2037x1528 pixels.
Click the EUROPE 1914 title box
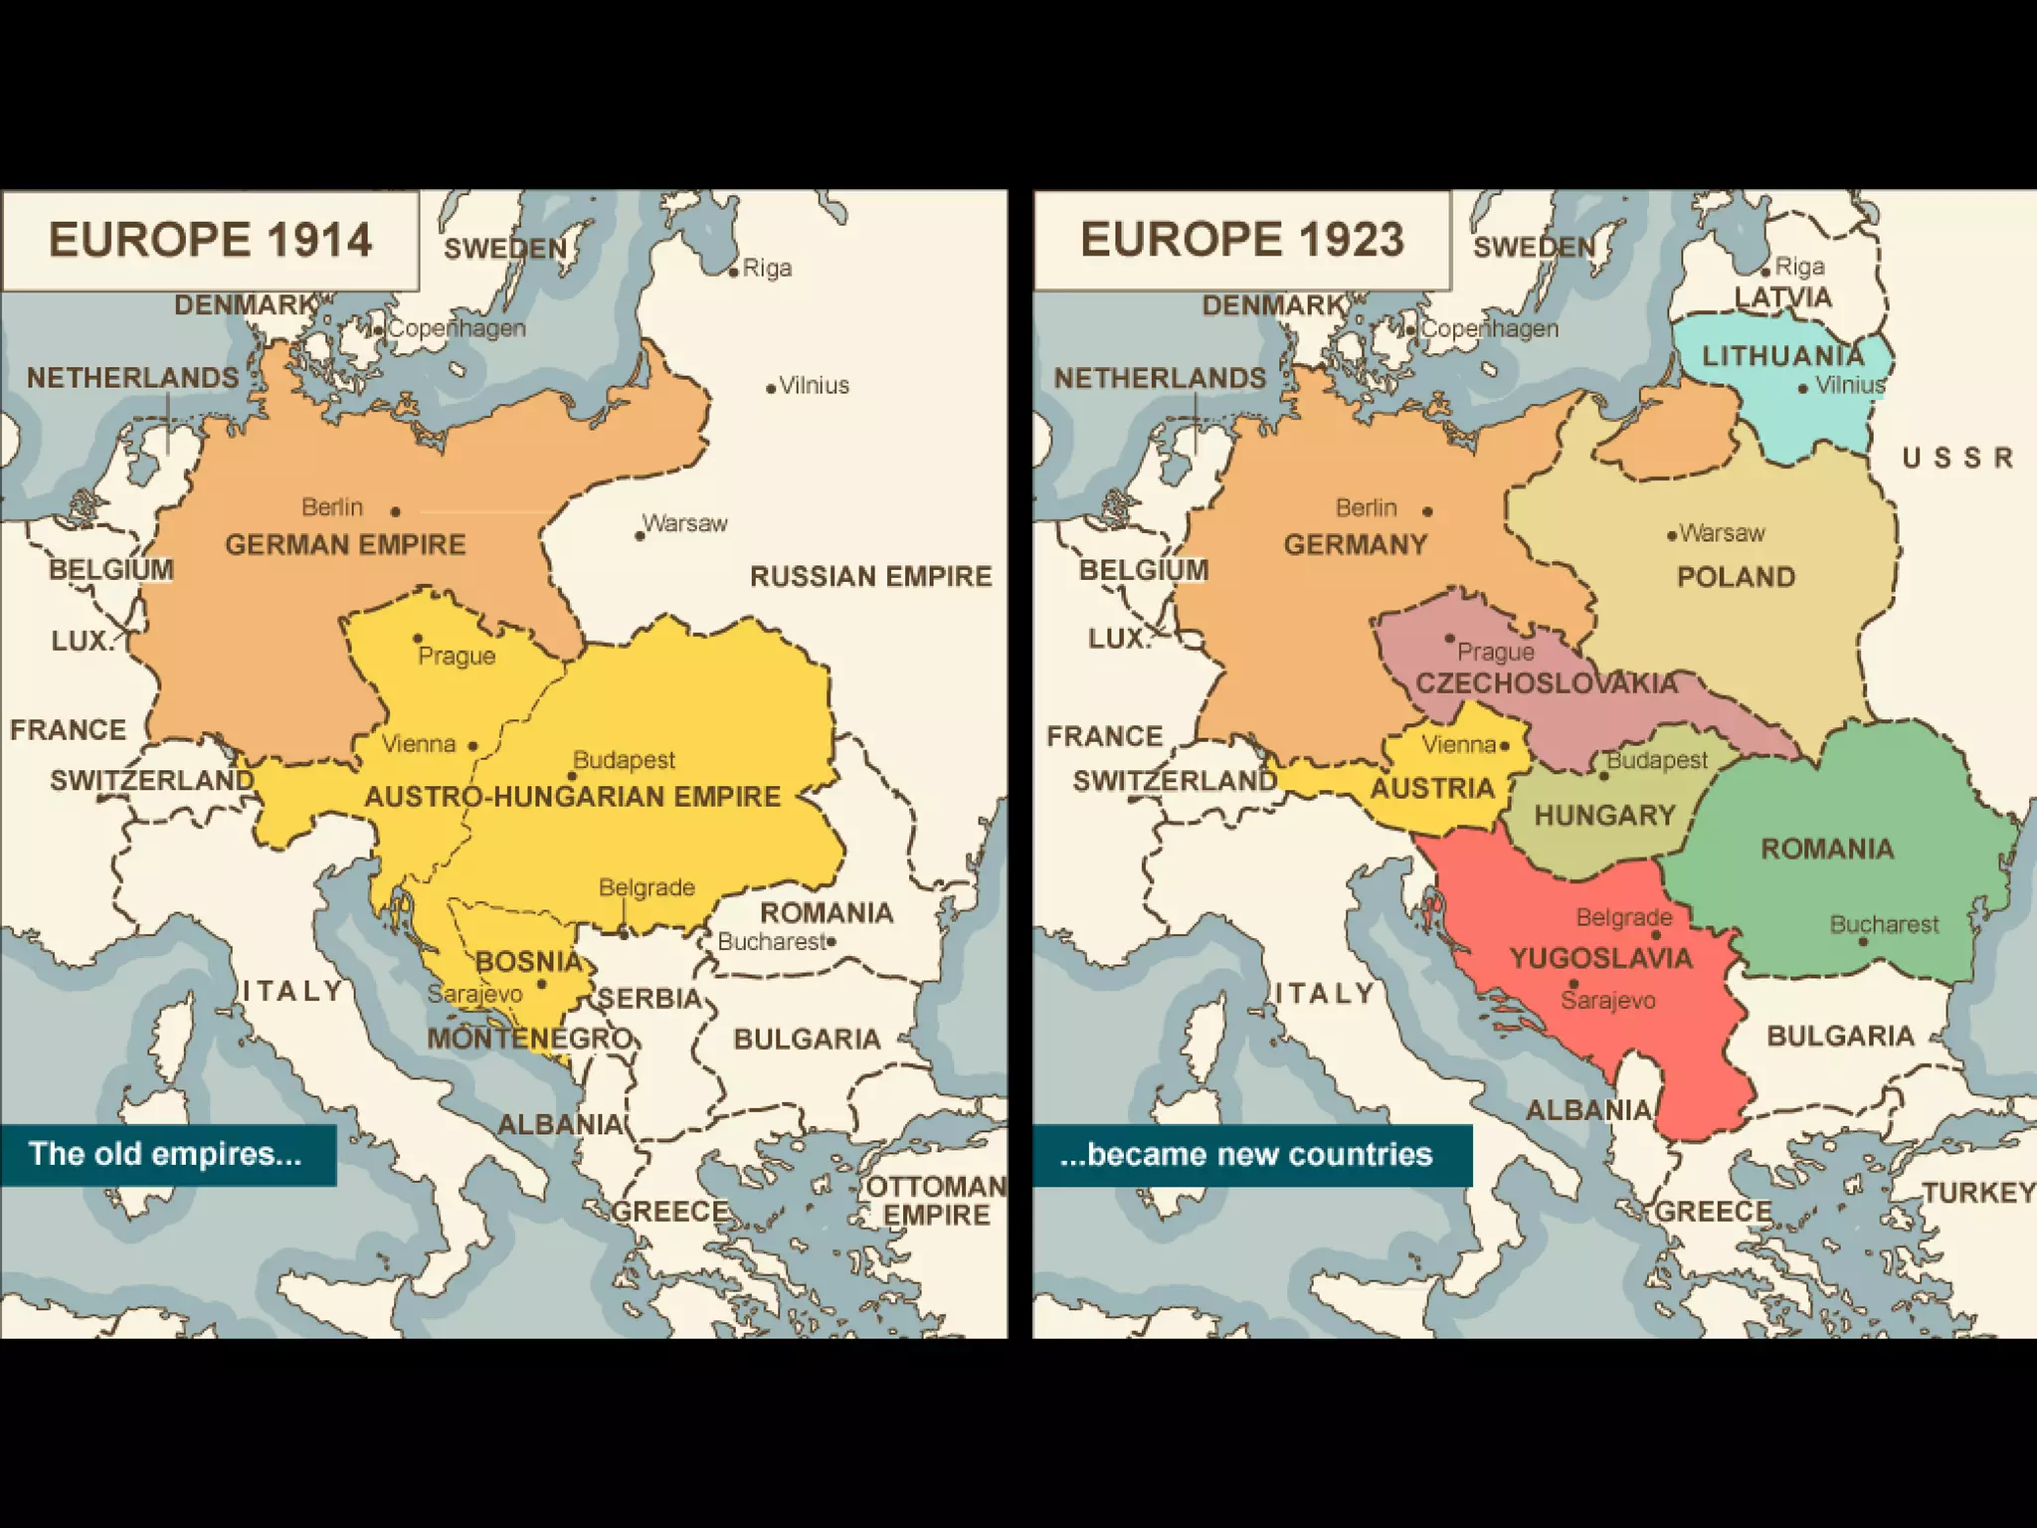pyautogui.click(x=210, y=241)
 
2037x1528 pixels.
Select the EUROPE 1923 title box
pyautogui.click(x=1242, y=241)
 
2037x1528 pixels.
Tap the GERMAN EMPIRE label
pyautogui.click(x=345, y=545)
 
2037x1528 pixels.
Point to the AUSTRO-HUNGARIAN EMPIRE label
pyautogui.click(x=572, y=797)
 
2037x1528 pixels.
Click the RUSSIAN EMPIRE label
pyautogui.click(x=870, y=577)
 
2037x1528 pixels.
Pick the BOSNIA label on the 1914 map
pyautogui.click(x=528, y=962)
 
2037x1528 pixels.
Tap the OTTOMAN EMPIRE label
pyautogui.click(x=936, y=1201)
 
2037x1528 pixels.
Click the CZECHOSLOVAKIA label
pyautogui.click(x=1547, y=683)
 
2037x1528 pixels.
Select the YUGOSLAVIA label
pyautogui.click(x=1601, y=959)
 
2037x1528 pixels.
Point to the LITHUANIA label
pyautogui.click(x=1782, y=356)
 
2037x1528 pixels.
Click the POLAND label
pyautogui.click(x=1736, y=577)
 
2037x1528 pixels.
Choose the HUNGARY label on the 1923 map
pyautogui.click(x=1604, y=816)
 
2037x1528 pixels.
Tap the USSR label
pyautogui.click(x=1957, y=458)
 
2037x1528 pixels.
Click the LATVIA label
pyautogui.click(x=1782, y=297)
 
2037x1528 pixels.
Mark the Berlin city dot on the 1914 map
pyautogui.click(x=396, y=511)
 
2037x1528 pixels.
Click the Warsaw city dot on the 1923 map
pyautogui.click(x=1672, y=535)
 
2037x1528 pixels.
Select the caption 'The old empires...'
pyautogui.click(x=165, y=1154)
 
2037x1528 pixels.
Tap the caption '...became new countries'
pyautogui.click(x=1246, y=1154)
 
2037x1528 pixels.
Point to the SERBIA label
pyautogui.click(x=648, y=999)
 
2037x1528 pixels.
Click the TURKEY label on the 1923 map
pyautogui.click(x=1977, y=1193)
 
